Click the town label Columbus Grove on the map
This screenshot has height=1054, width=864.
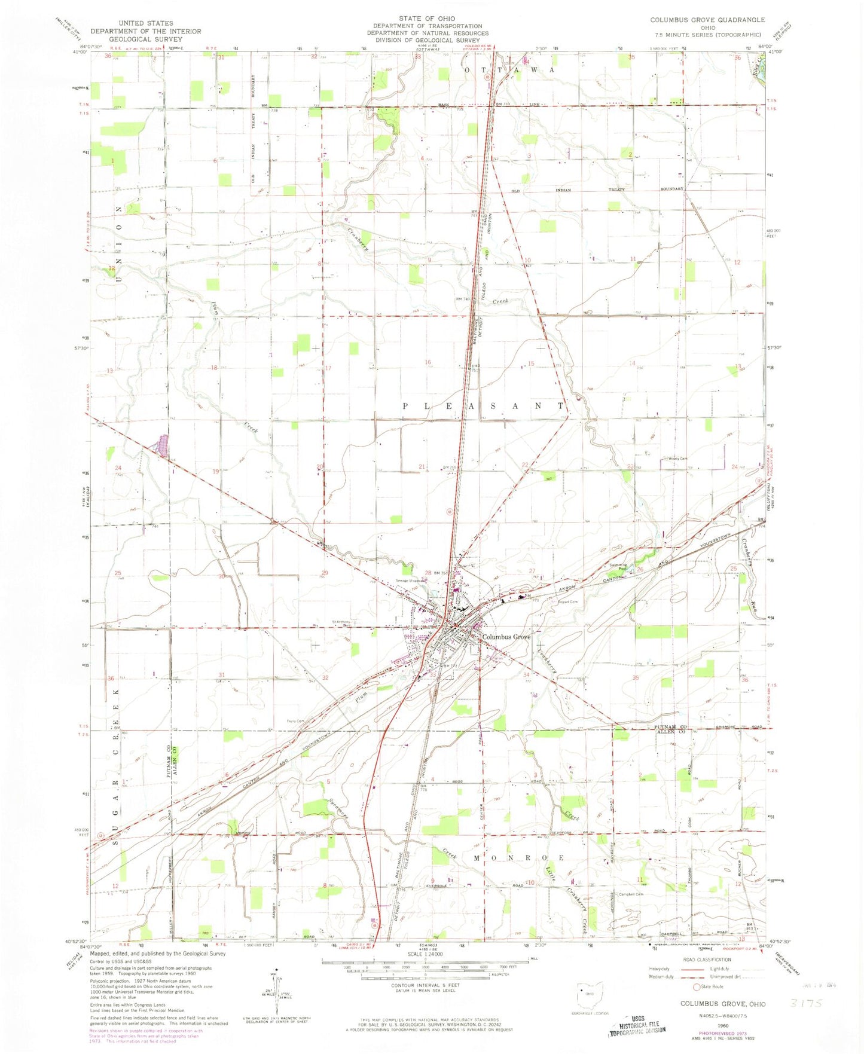click(x=506, y=637)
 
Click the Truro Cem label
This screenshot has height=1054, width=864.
click(x=295, y=722)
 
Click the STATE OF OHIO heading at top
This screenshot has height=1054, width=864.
click(x=427, y=19)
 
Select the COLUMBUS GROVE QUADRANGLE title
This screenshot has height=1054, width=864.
click(x=707, y=20)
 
